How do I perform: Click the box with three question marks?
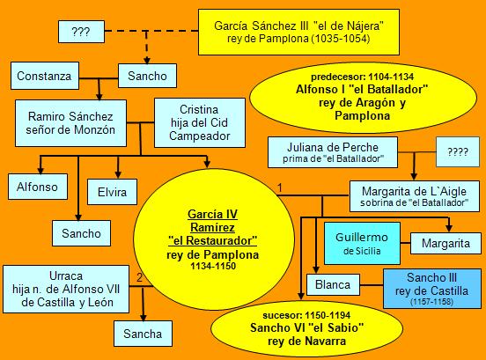pyautogui.click(x=81, y=32)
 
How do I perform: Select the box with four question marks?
pyautogui.click(x=458, y=151)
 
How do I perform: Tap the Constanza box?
pyautogui.click(x=45, y=76)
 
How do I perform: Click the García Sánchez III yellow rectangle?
pyautogui.click(x=298, y=33)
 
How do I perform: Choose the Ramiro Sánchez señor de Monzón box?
pyautogui.click(x=70, y=123)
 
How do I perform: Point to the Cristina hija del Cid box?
pyautogui.click(x=200, y=122)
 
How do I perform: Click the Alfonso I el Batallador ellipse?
pyautogui.click(x=363, y=98)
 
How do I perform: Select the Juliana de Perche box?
pyautogui.click(x=333, y=152)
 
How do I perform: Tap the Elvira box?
pyautogui.click(x=112, y=192)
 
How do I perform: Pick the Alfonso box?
pyautogui.click(x=38, y=187)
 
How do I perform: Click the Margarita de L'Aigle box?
pyautogui.click(x=415, y=196)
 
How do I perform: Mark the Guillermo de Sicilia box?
pyautogui.click(x=362, y=243)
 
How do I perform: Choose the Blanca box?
pyautogui.click(x=333, y=284)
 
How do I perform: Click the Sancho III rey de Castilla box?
pyautogui.click(x=432, y=289)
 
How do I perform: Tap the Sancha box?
pyautogui.click(x=143, y=334)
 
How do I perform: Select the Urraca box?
pyautogui.click(x=66, y=289)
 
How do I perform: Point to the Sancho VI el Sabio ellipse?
pyautogui.click(x=306, y=328)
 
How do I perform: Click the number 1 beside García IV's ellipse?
pyautogui.click(x=280, y=187)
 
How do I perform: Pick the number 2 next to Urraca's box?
pyautogui.click(x=139, y=277)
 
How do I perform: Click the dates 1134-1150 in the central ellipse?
pyautogui.click(x=213, y=266)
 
